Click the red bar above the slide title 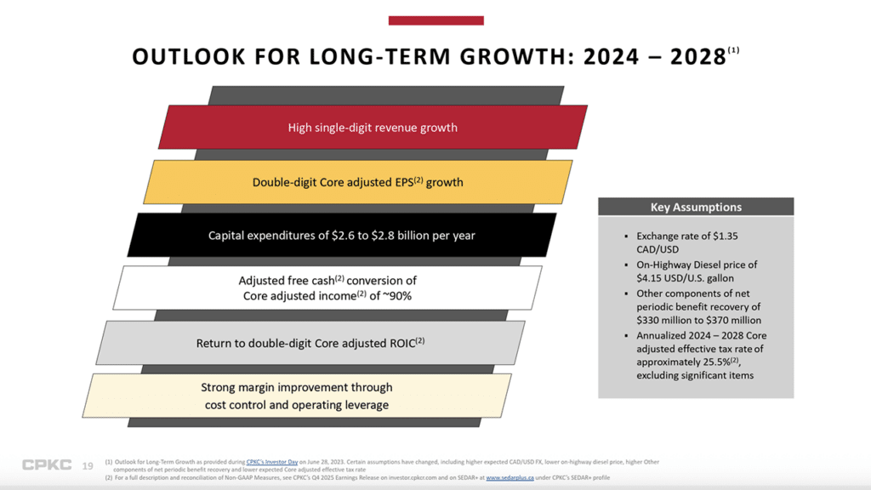point(435,20)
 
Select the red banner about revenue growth point(373,128)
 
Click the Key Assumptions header point(696,207)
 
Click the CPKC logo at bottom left point(47,465)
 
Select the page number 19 point(88,466)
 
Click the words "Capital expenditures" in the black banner point(256,236)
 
